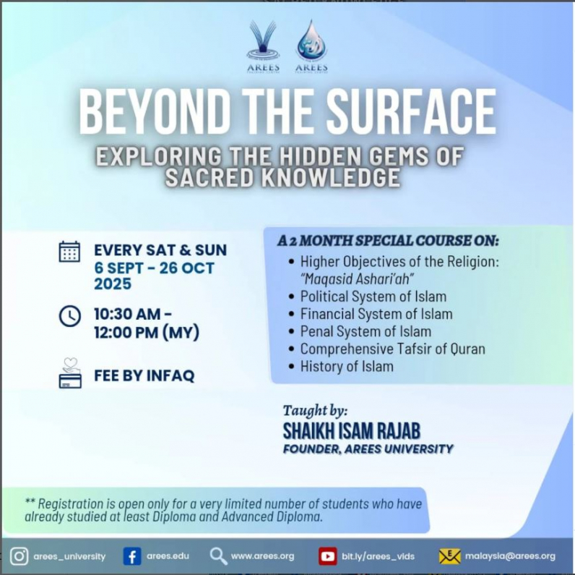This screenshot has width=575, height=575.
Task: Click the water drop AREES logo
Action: click(x=311, y=46)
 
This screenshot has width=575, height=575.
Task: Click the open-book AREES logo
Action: click(x=263, y=46)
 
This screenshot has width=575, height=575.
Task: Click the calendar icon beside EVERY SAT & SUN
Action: click(x=69, y=252)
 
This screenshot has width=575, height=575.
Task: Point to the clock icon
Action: click(x=69, y=316)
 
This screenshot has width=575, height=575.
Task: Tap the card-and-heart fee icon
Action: click(x=70, y=373)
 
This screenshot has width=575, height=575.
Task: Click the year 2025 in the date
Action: click(x=113, y=284)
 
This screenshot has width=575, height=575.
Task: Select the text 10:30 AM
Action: click(x=128, y=314)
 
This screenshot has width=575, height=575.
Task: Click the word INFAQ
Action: click(x=170, y=375)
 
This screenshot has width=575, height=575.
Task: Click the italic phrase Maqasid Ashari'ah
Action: click(x=357, y=279)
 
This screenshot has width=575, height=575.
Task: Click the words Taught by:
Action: click(x=315, y=411)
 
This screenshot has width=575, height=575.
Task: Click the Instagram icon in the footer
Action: click(x=19, y=556)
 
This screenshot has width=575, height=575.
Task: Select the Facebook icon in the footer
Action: click(x=132, y=556)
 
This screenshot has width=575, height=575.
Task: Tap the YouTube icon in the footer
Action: click(x=327, y=556)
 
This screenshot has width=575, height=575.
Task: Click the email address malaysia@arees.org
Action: click(x=510, y=556)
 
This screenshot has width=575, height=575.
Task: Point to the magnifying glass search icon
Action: click(x=219, y=556)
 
